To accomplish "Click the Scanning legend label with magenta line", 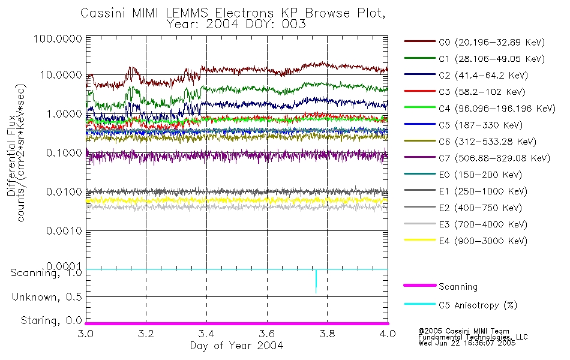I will [458, 287].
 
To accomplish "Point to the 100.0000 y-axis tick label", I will [58, 38].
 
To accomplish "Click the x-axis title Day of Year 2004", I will [236, 346].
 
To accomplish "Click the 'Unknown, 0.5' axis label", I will [47, 297].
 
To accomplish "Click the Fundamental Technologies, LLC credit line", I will [473, 337].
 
